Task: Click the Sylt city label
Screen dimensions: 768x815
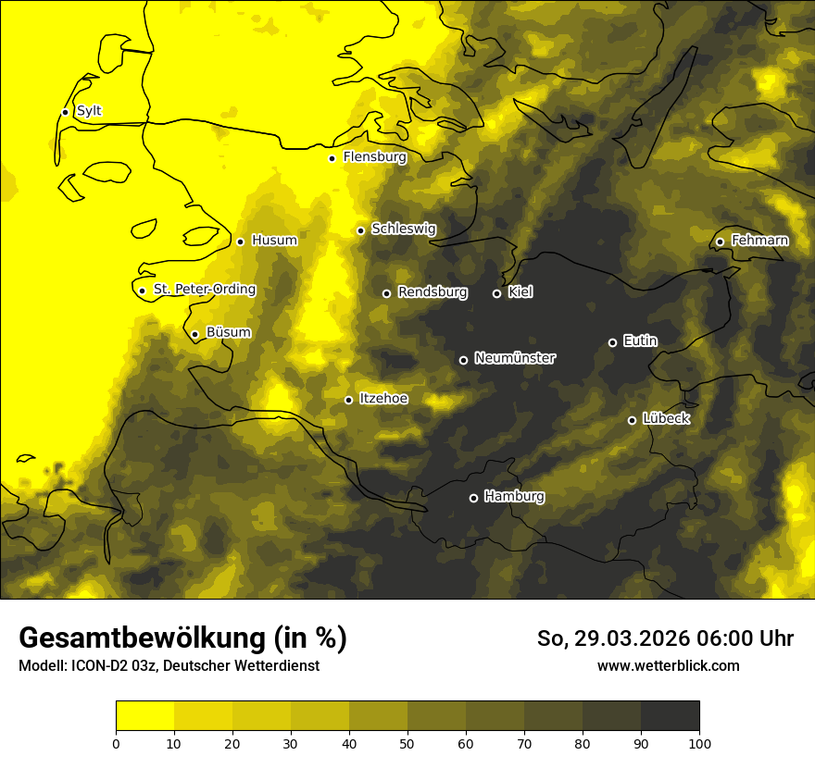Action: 89,111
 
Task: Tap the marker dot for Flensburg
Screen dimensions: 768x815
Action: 332,158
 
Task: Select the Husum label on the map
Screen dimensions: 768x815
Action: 274,241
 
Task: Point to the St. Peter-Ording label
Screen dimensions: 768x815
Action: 205,290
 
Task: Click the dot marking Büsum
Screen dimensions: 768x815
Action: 194,334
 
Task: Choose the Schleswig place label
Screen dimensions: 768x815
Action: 403,229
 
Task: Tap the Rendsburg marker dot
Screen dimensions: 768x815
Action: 387,293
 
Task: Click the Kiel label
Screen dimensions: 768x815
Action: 520,292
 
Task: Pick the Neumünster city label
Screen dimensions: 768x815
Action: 515,358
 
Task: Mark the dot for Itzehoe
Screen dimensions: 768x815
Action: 348,400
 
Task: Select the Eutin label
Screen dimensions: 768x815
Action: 640,341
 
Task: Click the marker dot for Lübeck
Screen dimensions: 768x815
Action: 632,420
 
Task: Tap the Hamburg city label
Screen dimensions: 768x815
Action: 514,496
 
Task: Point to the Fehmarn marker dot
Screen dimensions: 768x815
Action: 720,242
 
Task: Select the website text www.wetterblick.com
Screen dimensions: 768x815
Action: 669,665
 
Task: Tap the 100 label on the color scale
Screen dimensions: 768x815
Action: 699,743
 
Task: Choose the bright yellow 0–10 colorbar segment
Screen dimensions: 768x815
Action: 144,715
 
